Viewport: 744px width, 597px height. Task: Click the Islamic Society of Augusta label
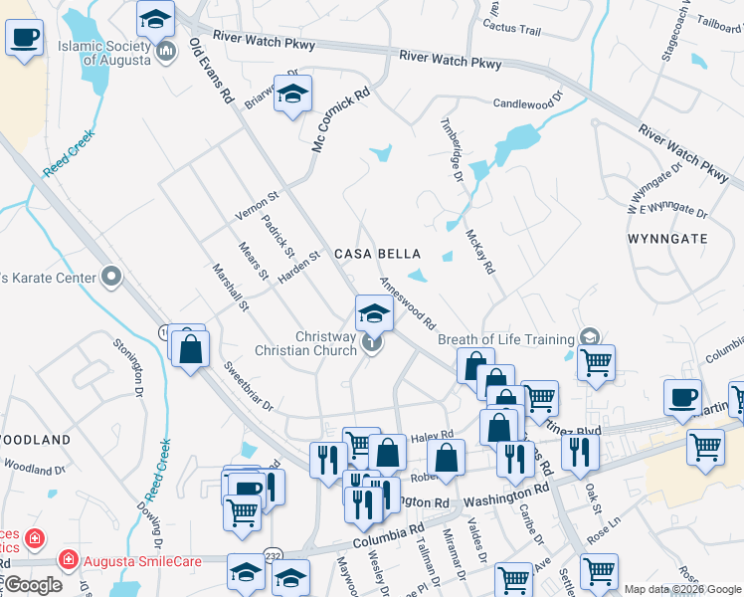tap(103, 52)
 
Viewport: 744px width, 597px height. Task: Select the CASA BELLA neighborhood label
tap(371, 254)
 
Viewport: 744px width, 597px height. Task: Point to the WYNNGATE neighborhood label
tap(667, 239)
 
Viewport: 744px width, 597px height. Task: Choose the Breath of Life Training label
tap(506, 339)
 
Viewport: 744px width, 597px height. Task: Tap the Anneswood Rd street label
tap(409, 303)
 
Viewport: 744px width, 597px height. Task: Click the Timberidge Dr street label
tap(452, 148)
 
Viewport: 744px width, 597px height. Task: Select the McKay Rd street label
tap(479, 253)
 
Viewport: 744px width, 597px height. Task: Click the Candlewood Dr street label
tap(528, 101)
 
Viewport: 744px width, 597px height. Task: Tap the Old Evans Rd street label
tap(210, 72)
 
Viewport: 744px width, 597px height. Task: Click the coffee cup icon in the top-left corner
tap(25, 40)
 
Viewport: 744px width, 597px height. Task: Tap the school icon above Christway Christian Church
tap(373, 313)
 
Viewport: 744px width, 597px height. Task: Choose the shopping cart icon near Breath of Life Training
tap(596, 363)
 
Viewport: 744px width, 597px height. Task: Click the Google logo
tap(33, 585)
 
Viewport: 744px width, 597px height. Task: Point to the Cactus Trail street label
tap(511, 30)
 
